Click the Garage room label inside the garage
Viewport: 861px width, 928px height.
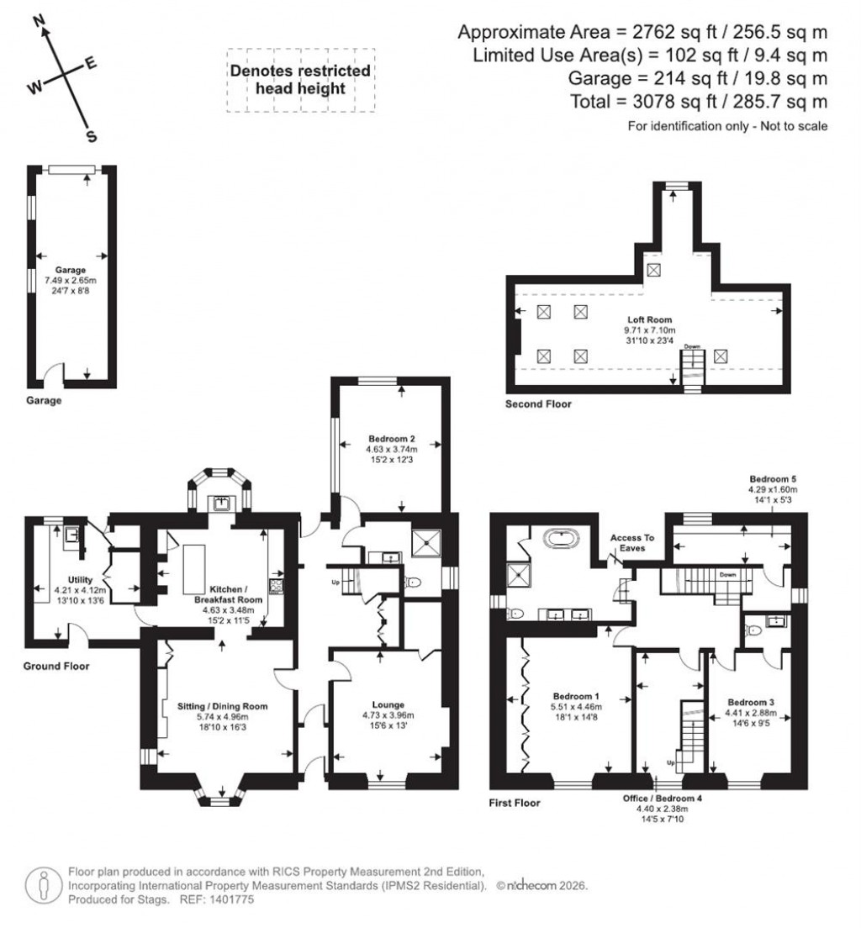click(71, 270)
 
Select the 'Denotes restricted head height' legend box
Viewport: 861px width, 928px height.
click(300, 80)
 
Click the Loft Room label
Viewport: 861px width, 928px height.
click(645, 320)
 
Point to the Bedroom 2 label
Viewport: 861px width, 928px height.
click(393, 438)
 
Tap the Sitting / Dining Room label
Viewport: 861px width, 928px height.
click(223, 706)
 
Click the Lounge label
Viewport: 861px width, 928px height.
click(388, 704)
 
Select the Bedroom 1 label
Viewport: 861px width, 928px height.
click(576, 696)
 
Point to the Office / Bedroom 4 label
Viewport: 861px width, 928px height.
click(662, 797)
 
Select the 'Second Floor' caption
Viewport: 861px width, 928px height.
click(537, 404)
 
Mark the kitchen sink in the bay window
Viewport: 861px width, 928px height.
click(221, 504)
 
